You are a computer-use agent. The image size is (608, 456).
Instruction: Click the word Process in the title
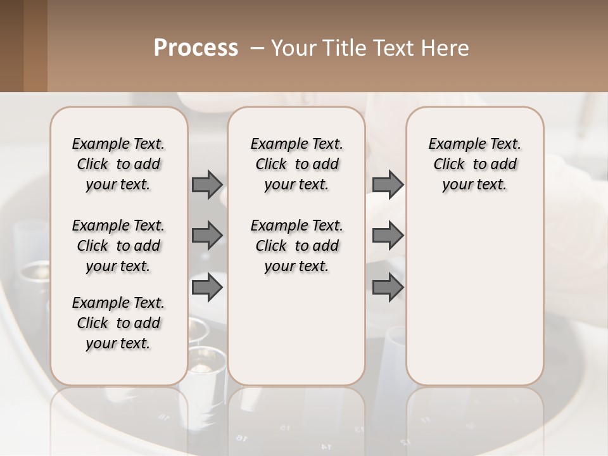point(196,48)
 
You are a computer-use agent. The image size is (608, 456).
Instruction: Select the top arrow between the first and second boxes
point(207,184)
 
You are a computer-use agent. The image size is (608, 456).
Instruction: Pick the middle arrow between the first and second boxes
point(207,236)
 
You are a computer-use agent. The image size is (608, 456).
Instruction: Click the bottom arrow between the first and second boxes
point(207,288)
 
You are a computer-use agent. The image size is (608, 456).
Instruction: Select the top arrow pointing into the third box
point(388,184)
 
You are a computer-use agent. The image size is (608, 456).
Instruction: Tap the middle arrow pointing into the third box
point(388,236)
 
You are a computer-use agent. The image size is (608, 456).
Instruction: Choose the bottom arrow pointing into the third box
point(388,288)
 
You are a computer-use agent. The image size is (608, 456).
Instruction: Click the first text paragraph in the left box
point(118,164)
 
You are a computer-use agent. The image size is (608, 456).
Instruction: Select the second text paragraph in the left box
point(118,246)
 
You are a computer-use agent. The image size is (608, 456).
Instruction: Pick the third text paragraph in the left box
point(118,323)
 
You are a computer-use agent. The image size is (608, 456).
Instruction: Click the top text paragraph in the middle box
point(296,164)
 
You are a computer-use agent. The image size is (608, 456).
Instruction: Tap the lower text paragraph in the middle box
point(296,246)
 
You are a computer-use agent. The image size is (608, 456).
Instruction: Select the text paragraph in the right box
point(475,164)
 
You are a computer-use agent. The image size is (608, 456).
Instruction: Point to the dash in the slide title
point(258,49)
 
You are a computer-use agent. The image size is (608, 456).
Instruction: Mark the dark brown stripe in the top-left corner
point(11,46)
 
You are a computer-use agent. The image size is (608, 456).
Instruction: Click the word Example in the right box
point(452,144)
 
